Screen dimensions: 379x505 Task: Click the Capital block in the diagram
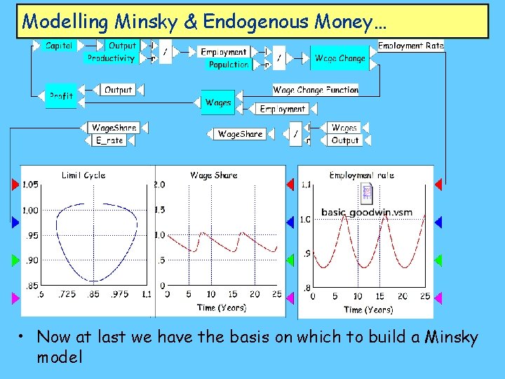tap(59, 46)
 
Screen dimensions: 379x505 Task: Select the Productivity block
tap(111, 58)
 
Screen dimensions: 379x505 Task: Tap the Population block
tap(229, 65)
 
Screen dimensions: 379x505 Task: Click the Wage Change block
tap(339, 58)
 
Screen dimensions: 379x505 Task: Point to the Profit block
tap(61, 96)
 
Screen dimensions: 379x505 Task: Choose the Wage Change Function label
tap(316, 90)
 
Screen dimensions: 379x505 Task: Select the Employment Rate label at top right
tap(411, 46)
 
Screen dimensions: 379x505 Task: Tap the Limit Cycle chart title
tap(83, 175)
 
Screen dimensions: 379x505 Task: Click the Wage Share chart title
tap(214, 175)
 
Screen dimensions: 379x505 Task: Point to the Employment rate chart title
tap(362, 175)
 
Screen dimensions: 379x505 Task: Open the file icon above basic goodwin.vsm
tap(366, 193)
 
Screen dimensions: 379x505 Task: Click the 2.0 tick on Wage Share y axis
tap(159, 185)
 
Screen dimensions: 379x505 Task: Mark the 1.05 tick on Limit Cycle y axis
tap(29, 185)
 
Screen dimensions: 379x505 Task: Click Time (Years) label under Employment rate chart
tap(368, 310)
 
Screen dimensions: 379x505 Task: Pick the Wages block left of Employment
tap(218, 102)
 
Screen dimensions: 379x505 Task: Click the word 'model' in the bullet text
tap(60, 357)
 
